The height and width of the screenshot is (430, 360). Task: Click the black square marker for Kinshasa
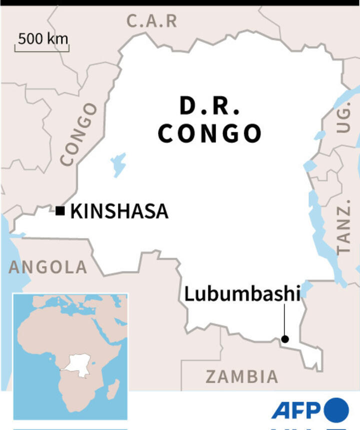60,211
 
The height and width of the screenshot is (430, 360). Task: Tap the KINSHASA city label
119,211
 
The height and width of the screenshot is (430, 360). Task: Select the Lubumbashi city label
242,293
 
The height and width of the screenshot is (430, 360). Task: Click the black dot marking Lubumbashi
284,339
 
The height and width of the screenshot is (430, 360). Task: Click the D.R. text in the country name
210,106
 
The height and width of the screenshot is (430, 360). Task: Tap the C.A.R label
152,21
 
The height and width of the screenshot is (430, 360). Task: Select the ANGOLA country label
48,267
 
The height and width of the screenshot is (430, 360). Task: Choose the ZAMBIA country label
242,377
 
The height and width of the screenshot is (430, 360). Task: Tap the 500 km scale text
43,38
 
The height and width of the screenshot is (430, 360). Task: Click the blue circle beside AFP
336,410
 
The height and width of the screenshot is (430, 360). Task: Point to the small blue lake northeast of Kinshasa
118,164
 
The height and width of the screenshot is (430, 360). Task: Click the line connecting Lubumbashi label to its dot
284,320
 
